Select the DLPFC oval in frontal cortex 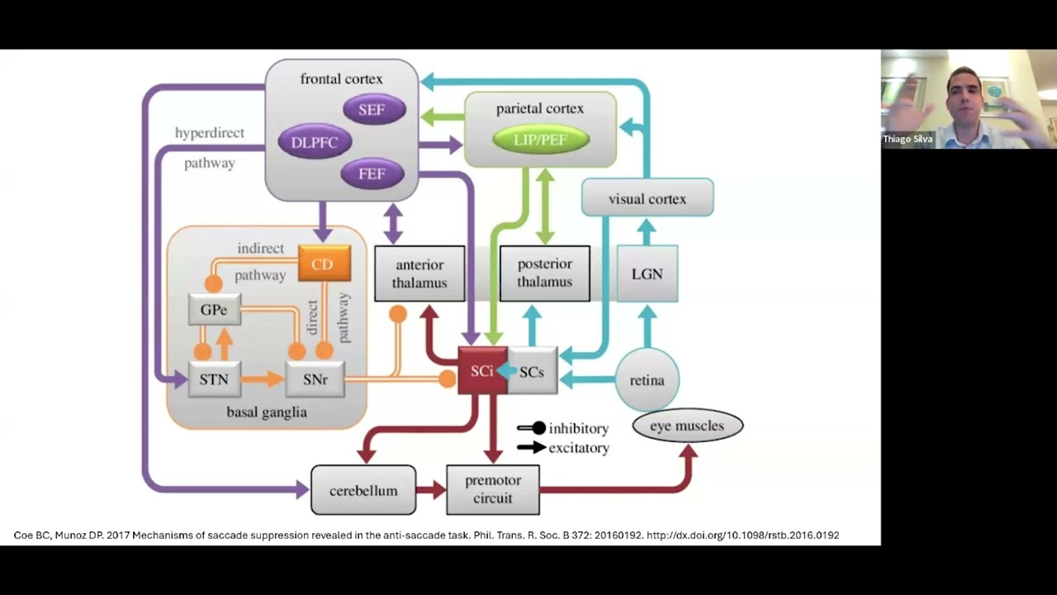[x=315, y=142]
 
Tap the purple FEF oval [x=372, y=174]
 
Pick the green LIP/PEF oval [x=541, y=140]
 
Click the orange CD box [x=323, y=264]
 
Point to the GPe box [x=214, y=310]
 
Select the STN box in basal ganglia [x=214, y=380]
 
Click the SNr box [x=315, y=380]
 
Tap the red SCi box [x=482, y=371]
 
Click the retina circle [x=647, y=380]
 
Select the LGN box [x=647, y=274]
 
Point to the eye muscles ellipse [x=687, y=426]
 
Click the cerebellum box [x=363, y=490]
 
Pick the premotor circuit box [x=493, y=489]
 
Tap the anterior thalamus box [x=419, y=274]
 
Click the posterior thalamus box [x=545, y=274]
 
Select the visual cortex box [x=647, y=198]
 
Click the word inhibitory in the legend [x=579, y=428]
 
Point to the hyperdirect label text [x=210, y=132]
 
